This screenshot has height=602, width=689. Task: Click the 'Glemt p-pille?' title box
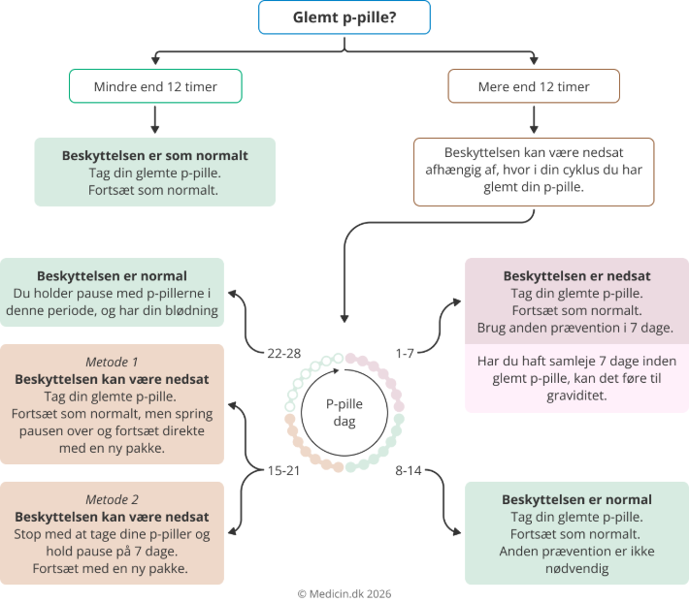tap(344, 17)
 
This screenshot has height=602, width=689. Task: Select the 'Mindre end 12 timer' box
tap(155, 86)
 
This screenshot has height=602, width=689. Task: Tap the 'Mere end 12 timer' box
tap(534, 86)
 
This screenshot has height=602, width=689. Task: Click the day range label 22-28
tap(284, 353)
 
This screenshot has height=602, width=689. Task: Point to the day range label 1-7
tap(406, 353)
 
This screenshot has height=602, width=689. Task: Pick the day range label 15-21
tap(284, 471)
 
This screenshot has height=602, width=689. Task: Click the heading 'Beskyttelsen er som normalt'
tap(155, 155)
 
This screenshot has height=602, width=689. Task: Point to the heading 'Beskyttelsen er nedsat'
tap(576, 275)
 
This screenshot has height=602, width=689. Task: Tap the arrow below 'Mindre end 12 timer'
tap(155, 119)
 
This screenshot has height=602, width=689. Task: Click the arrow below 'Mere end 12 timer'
tap(534, 119)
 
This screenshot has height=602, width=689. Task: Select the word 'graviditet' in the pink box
tap(576, 396)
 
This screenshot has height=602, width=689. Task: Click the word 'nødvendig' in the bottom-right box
tap(576, 569)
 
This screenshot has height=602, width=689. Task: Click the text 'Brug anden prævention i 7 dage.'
tap(576, 328)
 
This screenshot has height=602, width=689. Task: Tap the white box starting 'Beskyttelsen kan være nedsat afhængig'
tap(534, 172)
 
